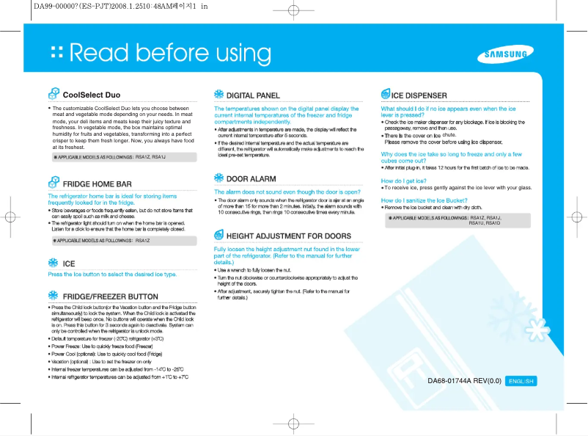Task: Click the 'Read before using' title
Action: [170, 53]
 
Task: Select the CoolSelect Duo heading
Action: [92, 95]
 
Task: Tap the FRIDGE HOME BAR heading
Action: [98, 184]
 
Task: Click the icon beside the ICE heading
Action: [53, 263]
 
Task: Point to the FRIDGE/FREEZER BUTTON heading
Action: [111, 297]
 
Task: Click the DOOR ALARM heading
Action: [251, 179]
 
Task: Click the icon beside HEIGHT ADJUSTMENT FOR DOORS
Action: [218, 236]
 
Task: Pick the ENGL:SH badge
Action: [522, 381]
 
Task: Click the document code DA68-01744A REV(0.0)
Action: [464, 381]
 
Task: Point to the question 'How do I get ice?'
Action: [404, 180]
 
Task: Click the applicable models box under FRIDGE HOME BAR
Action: [121, 241]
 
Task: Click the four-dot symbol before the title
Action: [55, 53]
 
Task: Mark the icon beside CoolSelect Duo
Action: [54, 94]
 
